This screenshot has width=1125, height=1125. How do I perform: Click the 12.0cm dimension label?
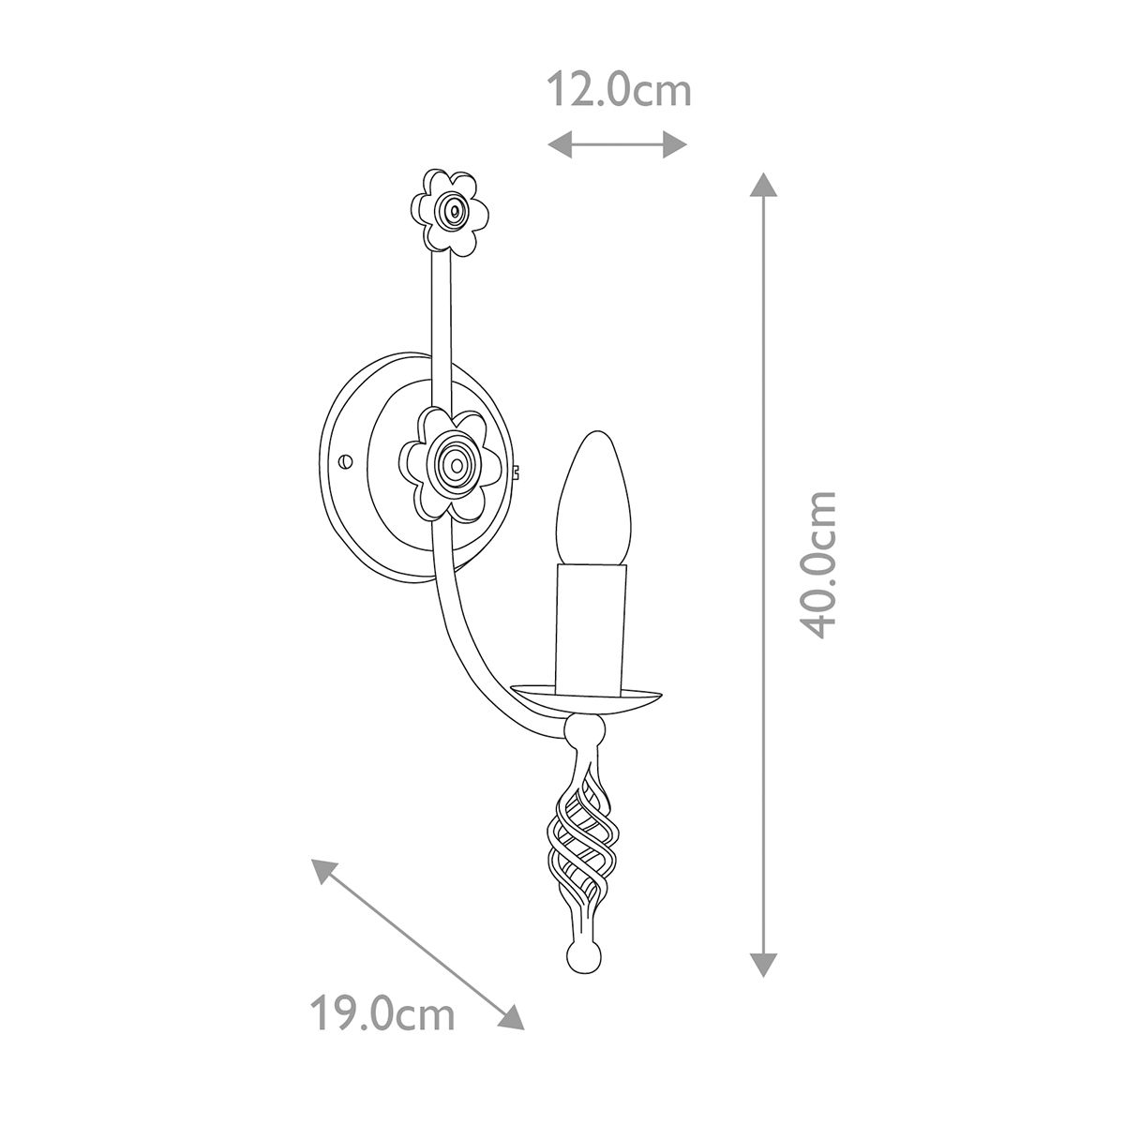pos(619,92)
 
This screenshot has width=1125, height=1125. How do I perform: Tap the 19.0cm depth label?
pos(382,1014)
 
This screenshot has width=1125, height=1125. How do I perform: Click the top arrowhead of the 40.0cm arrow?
pos(765,186)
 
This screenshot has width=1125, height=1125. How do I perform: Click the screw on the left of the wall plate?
pos(346,461)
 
